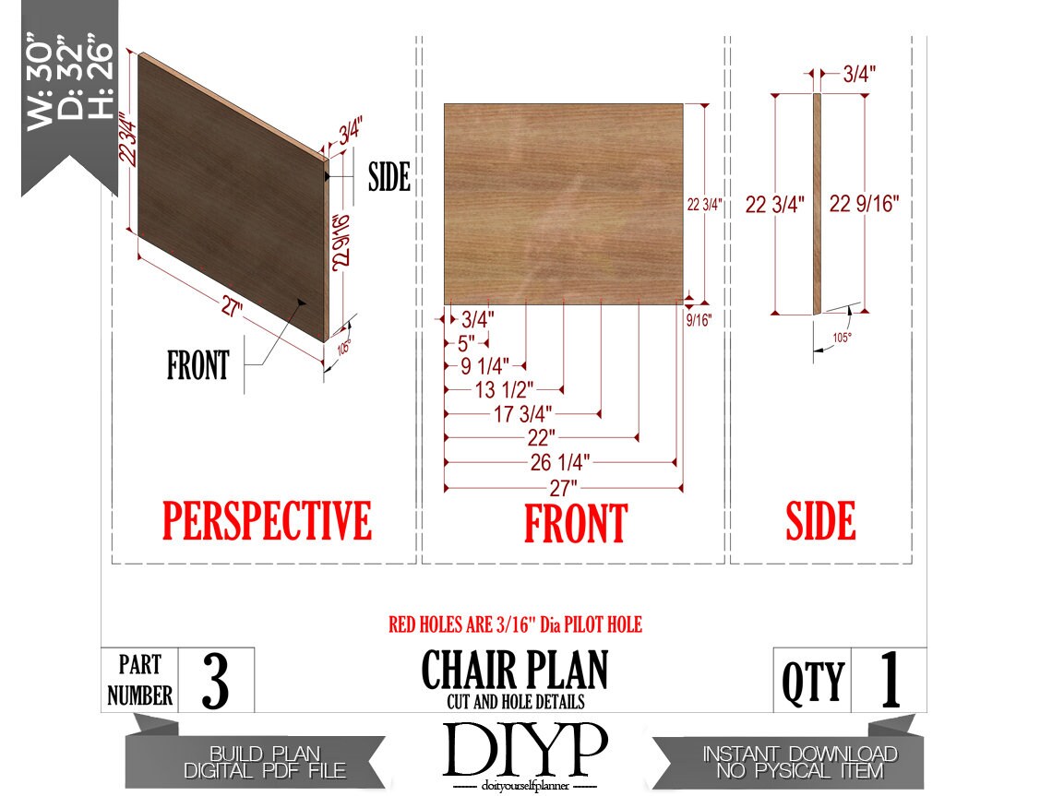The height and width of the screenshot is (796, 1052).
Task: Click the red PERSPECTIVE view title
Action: coord(267,520)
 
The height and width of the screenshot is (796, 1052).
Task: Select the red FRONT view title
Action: coord(576,523)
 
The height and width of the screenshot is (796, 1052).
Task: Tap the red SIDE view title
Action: coord(820,520)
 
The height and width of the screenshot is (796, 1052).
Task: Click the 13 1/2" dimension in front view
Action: coord(504,389)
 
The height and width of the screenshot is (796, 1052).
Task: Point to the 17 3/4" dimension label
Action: coord(522,414)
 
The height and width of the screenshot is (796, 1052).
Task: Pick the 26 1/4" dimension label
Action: coord(559,462)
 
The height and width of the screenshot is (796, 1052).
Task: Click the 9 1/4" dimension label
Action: coord(484,366)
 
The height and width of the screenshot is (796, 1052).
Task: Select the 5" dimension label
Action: coord(466,343)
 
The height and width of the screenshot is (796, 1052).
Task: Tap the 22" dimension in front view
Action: coord(542,438)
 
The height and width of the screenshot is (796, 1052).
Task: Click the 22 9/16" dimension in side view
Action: coord(864,203)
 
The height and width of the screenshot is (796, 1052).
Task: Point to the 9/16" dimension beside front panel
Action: coord(699,320)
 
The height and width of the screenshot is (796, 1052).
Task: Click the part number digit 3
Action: coord(215,681)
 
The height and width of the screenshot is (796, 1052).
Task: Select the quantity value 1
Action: coord(890,679)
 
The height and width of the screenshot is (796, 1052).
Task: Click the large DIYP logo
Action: coord(525,749)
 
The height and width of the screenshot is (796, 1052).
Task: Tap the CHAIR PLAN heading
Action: coord(515,670)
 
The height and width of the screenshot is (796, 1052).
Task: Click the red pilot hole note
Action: coord(515,625)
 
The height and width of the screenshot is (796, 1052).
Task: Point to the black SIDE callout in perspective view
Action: coord(389,177)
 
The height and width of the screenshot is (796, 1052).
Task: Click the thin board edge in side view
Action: coord(818,204)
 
